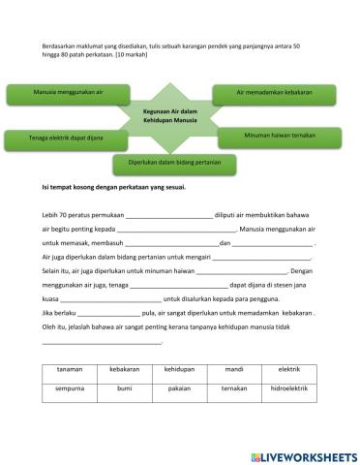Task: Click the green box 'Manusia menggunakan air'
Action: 68,95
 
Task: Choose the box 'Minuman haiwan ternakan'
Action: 281,136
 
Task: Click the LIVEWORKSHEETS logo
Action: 304,454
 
